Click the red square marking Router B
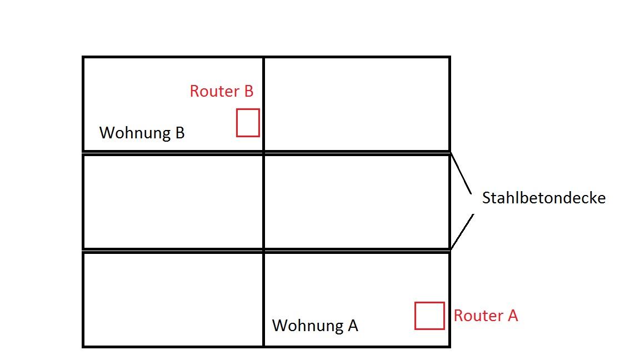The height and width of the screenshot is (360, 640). (x=248, y=123)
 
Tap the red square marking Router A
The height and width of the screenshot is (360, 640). (x=429, y=316)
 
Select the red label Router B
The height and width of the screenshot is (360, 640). (x=221, y=91)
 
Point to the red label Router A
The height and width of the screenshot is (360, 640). (x=486, y=316)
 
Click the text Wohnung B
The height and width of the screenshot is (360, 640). (x=142, y=133)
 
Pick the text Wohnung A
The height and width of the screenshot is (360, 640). (x=315, y=326)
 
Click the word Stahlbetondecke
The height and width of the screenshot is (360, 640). (x=543, y=198)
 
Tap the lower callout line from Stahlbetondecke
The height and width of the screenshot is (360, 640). (x=462, y=231)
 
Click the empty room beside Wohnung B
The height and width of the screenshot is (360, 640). (x=357, y=104)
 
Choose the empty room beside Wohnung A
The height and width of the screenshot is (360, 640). (x=173, y=299)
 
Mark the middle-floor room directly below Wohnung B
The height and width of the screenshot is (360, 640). (x=173, y=202)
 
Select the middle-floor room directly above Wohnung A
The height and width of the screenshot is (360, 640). (x=357, y=202)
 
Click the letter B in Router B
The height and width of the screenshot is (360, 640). (x=248, y=91)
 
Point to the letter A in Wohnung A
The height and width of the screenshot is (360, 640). (x=352, y=326)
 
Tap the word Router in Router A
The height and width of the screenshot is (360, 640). (x=477, y=316)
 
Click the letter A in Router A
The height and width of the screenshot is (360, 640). (x=512, y=316)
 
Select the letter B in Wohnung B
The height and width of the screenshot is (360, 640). (x=179, y=133)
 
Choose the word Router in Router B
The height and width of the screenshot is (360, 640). (x=214, y=91)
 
